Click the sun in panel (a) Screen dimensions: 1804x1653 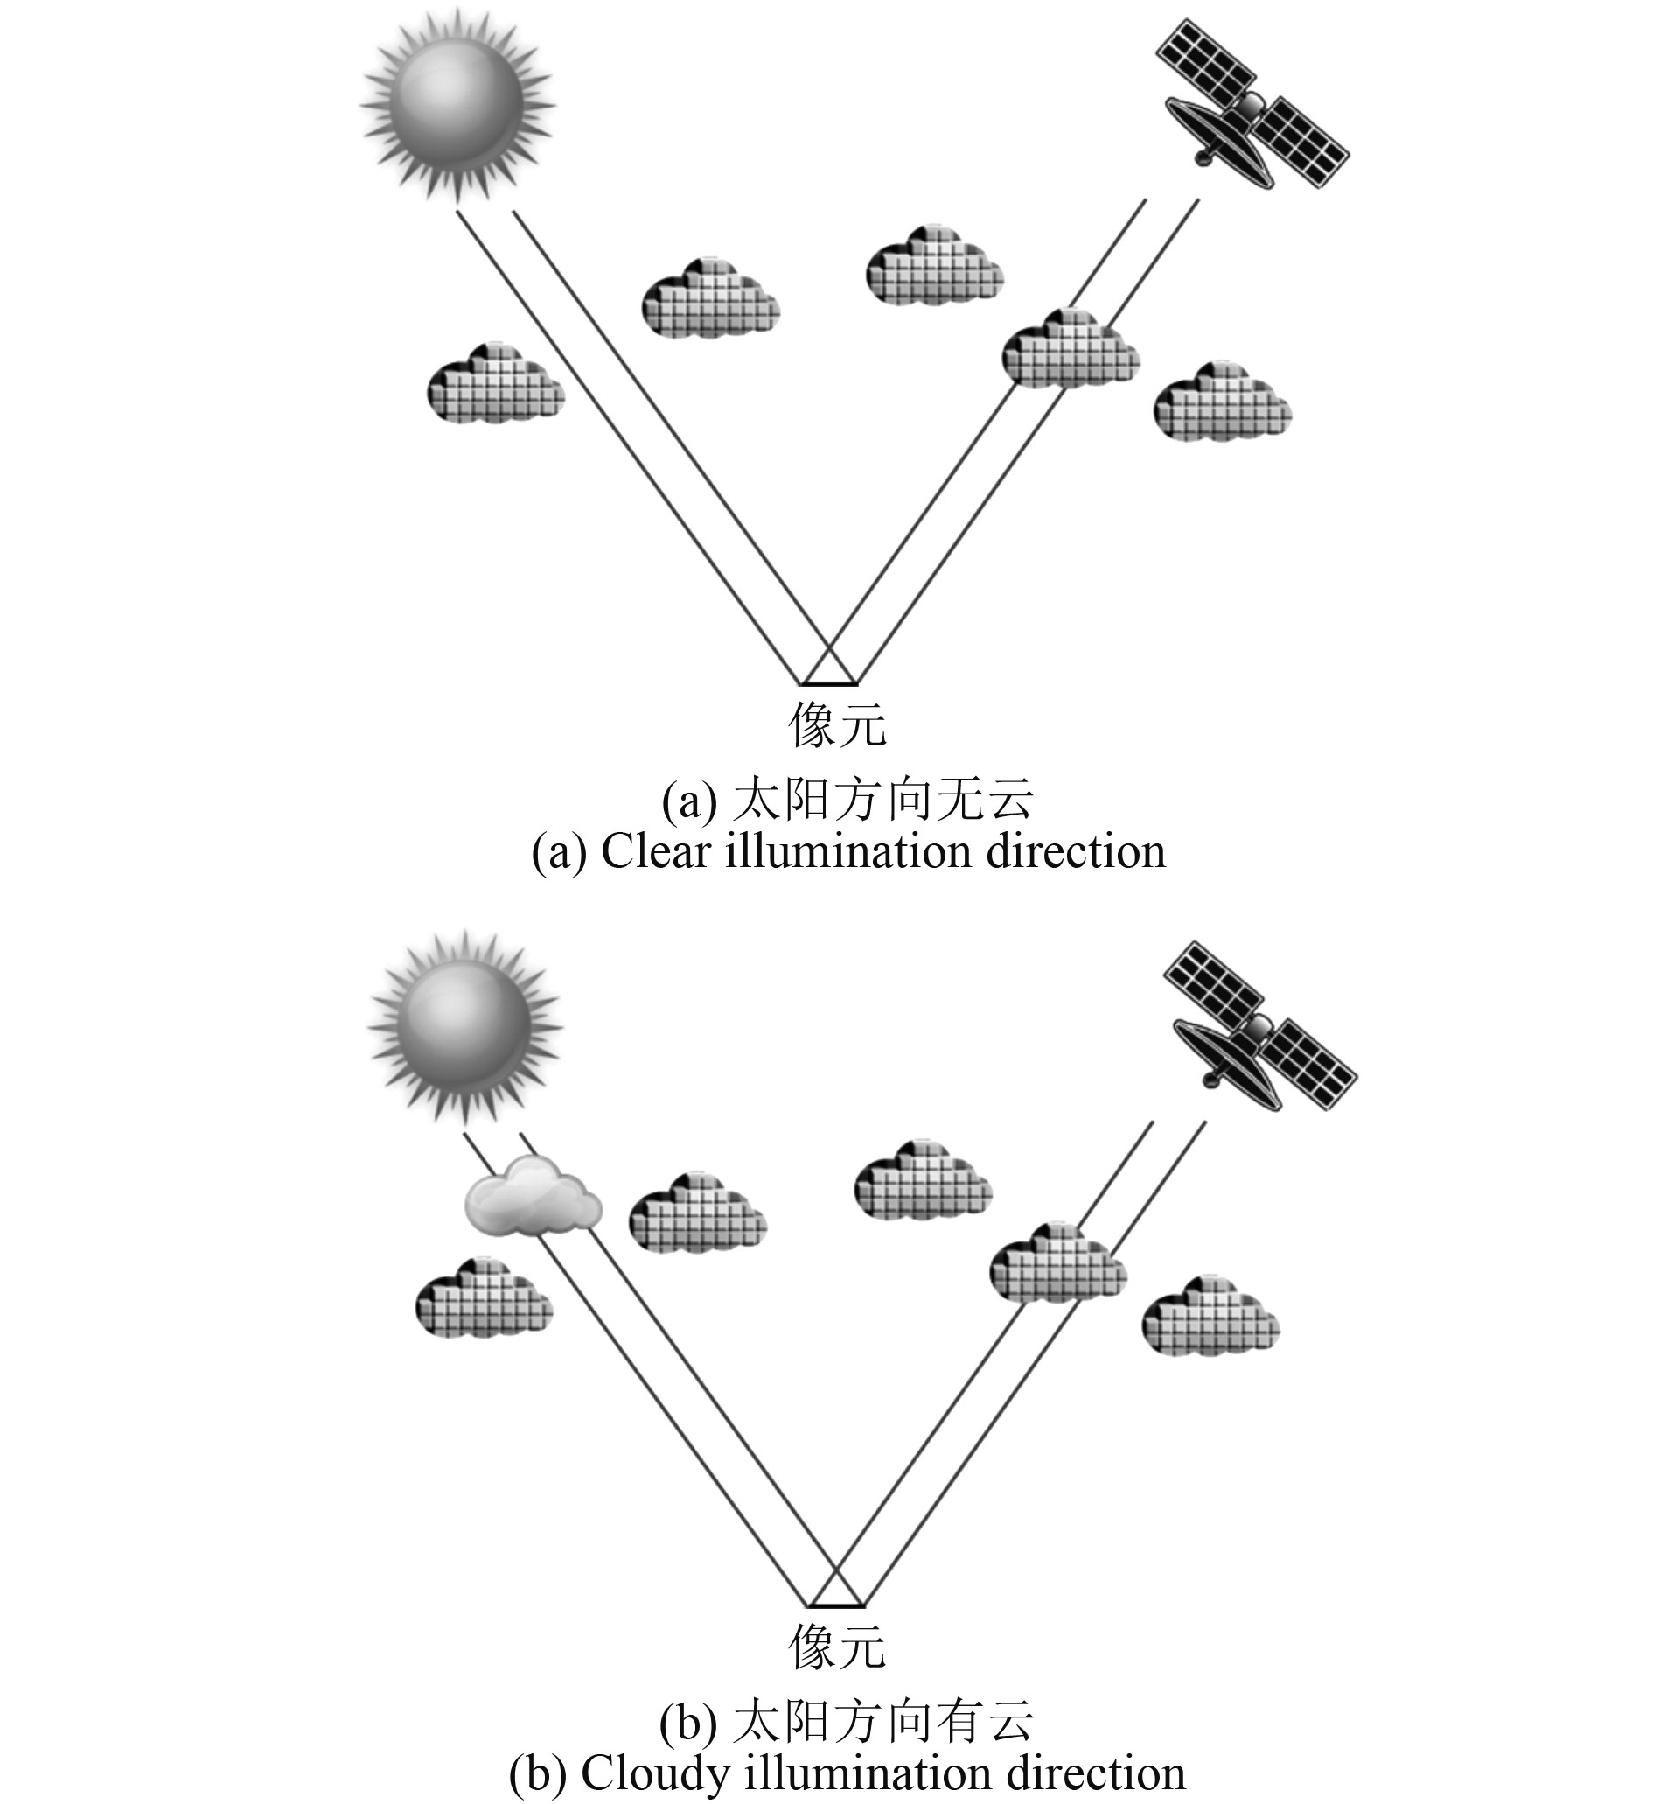coord(458,105)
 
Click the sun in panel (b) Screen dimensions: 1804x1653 coord(465,1025)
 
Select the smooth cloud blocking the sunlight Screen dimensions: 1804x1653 coord(534,1198)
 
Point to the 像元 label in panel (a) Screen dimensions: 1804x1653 coord(837,724)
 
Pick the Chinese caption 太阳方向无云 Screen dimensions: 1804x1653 coord(882,799)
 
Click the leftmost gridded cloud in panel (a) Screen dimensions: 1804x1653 coord(496,383)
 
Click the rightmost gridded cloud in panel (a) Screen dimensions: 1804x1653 coord(1222,402)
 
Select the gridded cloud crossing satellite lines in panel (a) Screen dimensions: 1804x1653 coord(1070,350)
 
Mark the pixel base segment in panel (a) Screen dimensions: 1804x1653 coord(829,684)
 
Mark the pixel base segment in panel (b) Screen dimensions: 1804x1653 coord(836,1605)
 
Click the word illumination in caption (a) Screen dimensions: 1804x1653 coord(847,851)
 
